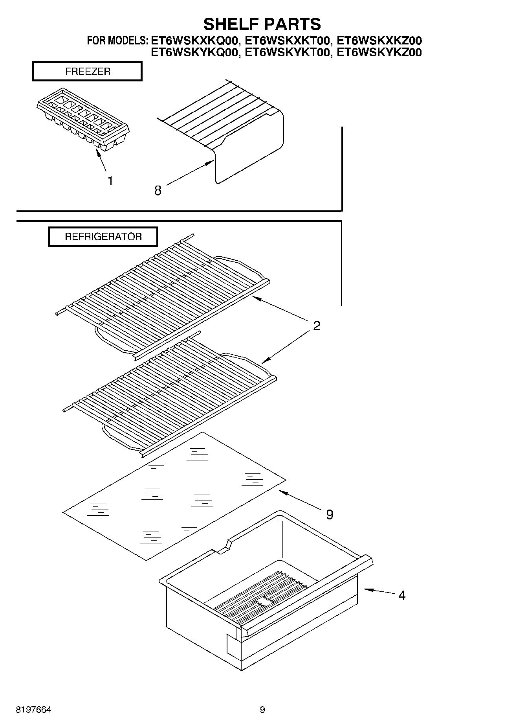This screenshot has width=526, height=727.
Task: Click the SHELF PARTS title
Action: point(262,24)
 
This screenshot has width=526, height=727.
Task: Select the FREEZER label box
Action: point(87,72)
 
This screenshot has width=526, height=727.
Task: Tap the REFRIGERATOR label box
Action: point(103,237)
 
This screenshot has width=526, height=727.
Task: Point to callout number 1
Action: point(110,181)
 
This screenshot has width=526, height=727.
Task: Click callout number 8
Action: point(158,191)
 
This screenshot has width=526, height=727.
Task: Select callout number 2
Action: point(317,326)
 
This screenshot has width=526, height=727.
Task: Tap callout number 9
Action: point(330,514)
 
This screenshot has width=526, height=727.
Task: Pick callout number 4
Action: point(401,595)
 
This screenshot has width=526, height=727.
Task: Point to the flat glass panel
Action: point(173,495)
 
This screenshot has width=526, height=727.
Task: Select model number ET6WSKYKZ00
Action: point(379,52)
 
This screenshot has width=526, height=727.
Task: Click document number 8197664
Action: point(33,710)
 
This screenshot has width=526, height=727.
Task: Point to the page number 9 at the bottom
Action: point(262,710)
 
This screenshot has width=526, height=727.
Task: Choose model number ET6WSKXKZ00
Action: point(379,40)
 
